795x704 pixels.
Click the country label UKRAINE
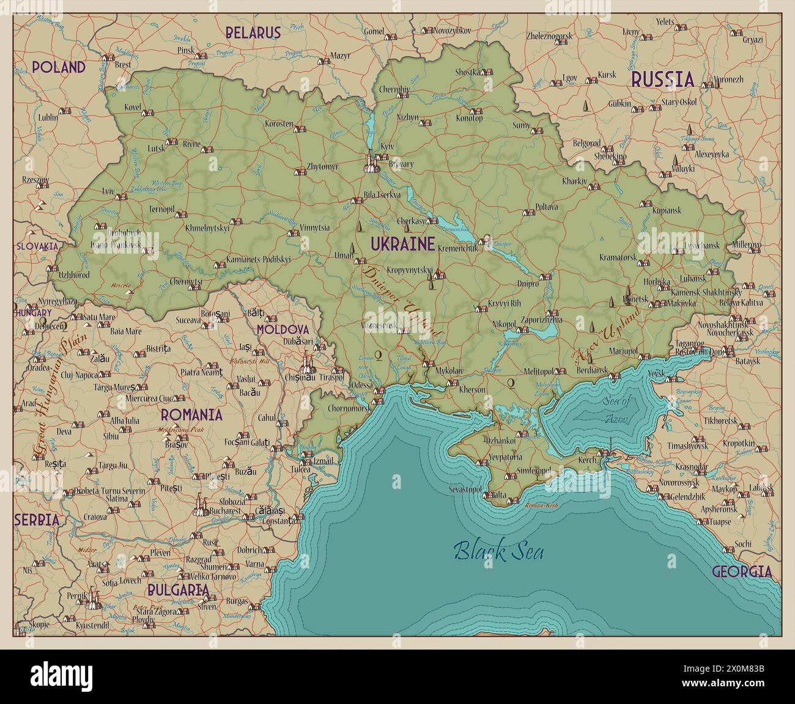(402, 244)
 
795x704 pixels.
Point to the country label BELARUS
(253, 33)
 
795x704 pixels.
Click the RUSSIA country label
(662, 79)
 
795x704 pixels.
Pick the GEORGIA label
(741, 572)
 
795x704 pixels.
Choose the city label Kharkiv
(574, 182)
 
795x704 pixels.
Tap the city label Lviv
(108, 191)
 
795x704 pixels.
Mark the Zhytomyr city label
(322, 166)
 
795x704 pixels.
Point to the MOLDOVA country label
(282, 329)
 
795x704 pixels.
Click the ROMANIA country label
(191, 415)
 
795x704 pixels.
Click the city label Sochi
(742, 543)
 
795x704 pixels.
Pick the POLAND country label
(58, 67)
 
